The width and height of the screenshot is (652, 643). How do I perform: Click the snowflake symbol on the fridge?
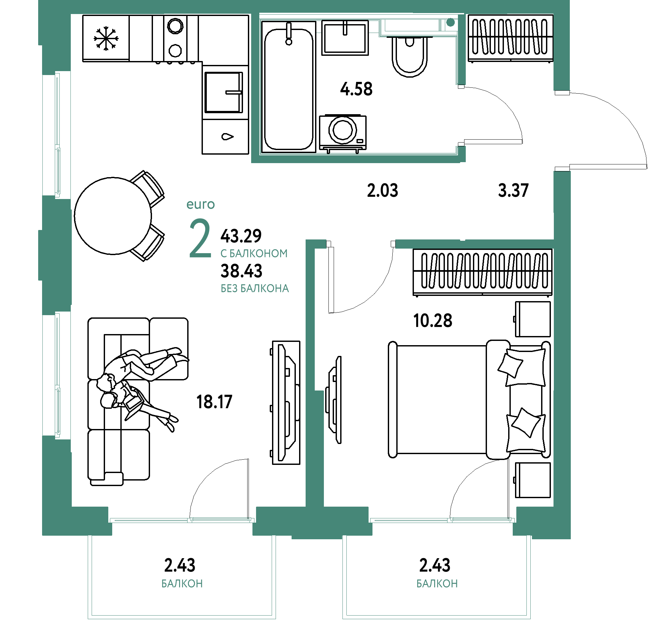106,38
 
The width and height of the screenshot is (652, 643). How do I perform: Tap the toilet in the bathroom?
410,56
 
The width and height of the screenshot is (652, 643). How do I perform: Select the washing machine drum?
343,130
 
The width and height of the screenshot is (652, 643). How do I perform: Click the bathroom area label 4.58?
356,89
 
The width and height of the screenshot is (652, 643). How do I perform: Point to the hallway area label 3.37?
513,191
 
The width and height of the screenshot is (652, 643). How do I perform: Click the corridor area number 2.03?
382,191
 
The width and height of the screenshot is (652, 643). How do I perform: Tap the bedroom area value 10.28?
432,321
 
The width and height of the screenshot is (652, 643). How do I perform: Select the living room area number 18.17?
214,402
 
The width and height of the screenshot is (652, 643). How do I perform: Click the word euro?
201,205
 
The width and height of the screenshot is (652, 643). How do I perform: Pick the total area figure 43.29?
241,236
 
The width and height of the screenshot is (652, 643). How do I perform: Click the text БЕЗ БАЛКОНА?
255,289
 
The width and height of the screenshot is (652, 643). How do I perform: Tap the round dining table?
113,216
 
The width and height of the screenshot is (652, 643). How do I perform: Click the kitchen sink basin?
224,92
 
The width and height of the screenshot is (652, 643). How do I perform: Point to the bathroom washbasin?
345,38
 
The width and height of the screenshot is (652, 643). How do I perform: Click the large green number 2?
200,238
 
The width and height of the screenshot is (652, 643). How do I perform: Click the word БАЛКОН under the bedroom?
437,584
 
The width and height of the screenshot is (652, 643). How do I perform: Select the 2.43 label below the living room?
179,565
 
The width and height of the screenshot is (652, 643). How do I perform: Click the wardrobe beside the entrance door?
510,38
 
